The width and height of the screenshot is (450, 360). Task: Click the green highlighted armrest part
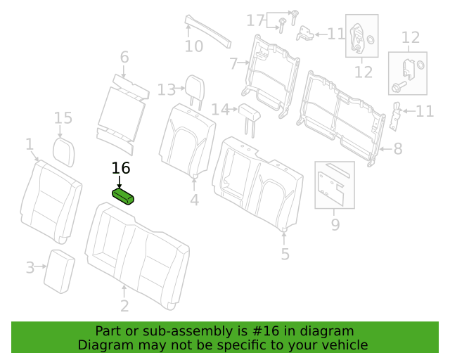click(x=123, y=196)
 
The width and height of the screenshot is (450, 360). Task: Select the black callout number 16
click(x=121, y=168)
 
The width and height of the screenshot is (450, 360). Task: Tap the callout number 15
click(x=63, y=118)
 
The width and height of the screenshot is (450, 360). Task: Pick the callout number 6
click(x=124, y=57)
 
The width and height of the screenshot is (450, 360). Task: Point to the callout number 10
click(x=194, y=46)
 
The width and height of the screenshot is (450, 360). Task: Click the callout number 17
click(x=255, y=20)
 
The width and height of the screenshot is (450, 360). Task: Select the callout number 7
click(x=233, y=63)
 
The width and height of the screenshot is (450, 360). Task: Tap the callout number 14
click(x=220, y=110)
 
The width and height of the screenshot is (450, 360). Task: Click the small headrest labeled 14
click(x=249, y=117)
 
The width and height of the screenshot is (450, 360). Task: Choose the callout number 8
click(x=398, y=148)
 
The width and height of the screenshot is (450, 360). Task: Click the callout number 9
click(x=335, y=224)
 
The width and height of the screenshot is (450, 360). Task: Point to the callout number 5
click(x=285, y=254)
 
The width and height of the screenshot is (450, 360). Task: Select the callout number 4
click(x=194, y=200)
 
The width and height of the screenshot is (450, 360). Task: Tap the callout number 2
click(x=124, y=306)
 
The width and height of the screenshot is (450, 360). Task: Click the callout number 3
click(x=30, y=267)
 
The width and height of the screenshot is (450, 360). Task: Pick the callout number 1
click(x=30, y=144)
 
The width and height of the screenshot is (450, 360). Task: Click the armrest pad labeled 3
click(x=59, y=271)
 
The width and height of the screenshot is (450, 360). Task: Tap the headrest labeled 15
click(x=64, y=152)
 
